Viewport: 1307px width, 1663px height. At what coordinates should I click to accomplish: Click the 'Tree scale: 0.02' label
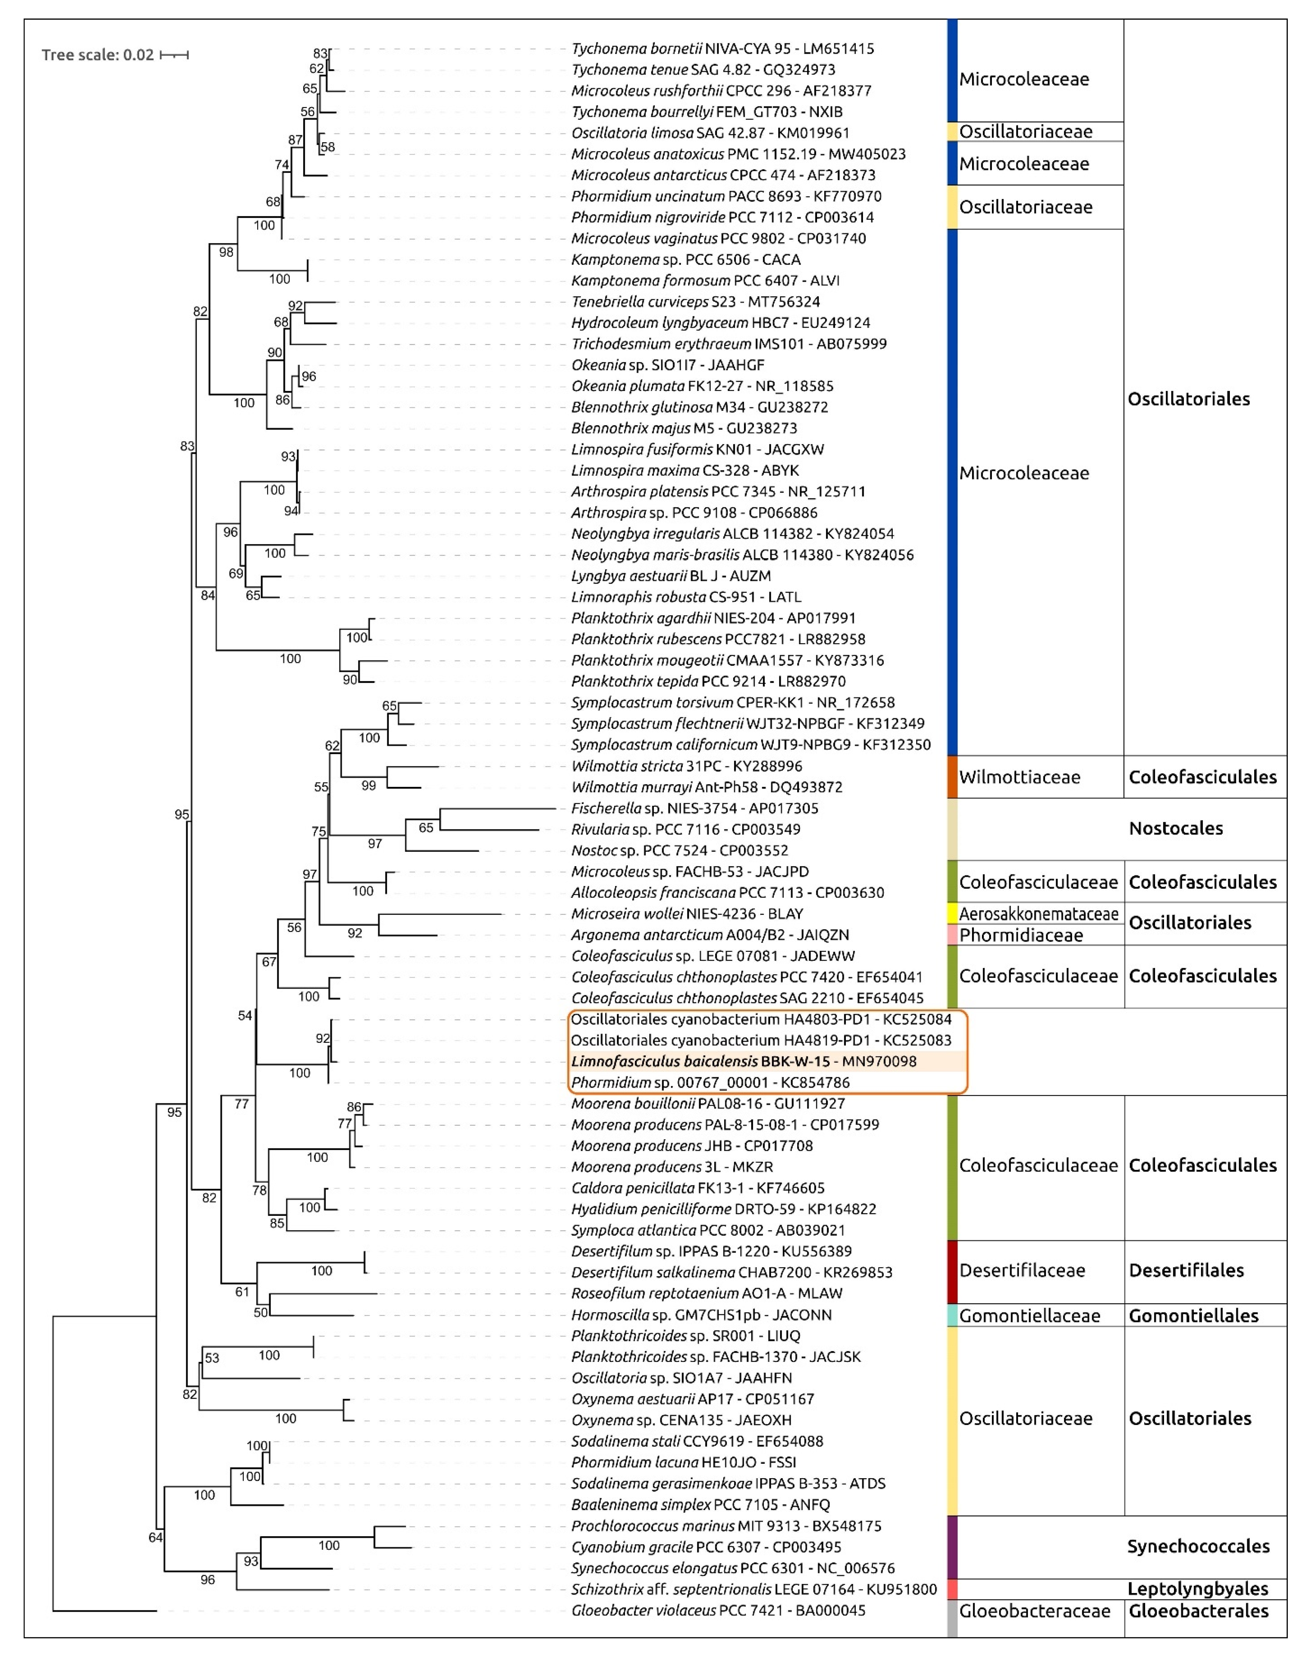click(98, 55)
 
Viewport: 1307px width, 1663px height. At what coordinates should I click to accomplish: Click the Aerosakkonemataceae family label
click(1039, 914)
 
